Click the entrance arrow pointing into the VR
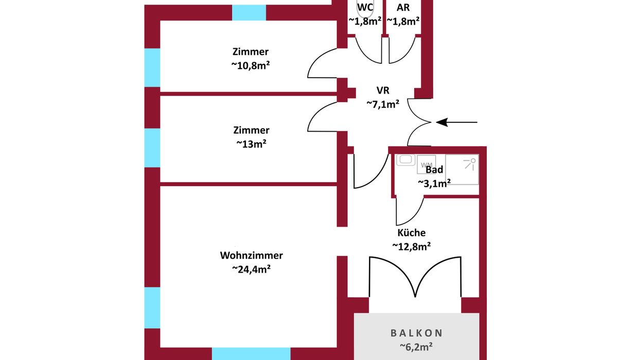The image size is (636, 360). pyautogui.click(x=457, y=122)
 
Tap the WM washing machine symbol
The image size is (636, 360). pyautogui.click(x=427, y=165)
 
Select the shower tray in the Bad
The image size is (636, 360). pyautogui.click(x=462, y=169)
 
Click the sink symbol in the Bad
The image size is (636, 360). pyautogui.click(x=407, y=160)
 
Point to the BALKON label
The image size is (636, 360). pyautogui.click(x=416, y=333)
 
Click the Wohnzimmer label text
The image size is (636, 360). pyautogui.click(x=251, y=255)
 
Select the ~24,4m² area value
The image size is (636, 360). pyautogui.click(x=251, y=268)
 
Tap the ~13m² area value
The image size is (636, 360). pyautogui.click(x=251, y=144)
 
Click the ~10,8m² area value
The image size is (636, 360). pyautogui.click(x=251, y=65)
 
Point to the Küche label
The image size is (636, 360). pyautogui.click(x=411, y=233)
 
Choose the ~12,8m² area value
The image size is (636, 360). pyautogui.click(x=411, y=246)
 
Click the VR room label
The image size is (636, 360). pyautogui.click(x=383, y=91)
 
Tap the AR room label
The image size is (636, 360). pyautogui.click(x=403, y=8)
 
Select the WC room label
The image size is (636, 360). pyautogui.click(x=365, y=8)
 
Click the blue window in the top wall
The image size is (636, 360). pyautogui.click(x=249, y=12)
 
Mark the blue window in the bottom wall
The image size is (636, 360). pyautogui.click(x=251, y=353)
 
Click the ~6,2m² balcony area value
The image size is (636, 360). pyautogui.click(x=416, y=347)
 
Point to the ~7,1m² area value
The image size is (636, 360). pyautogui.click(x=383, y=104)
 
